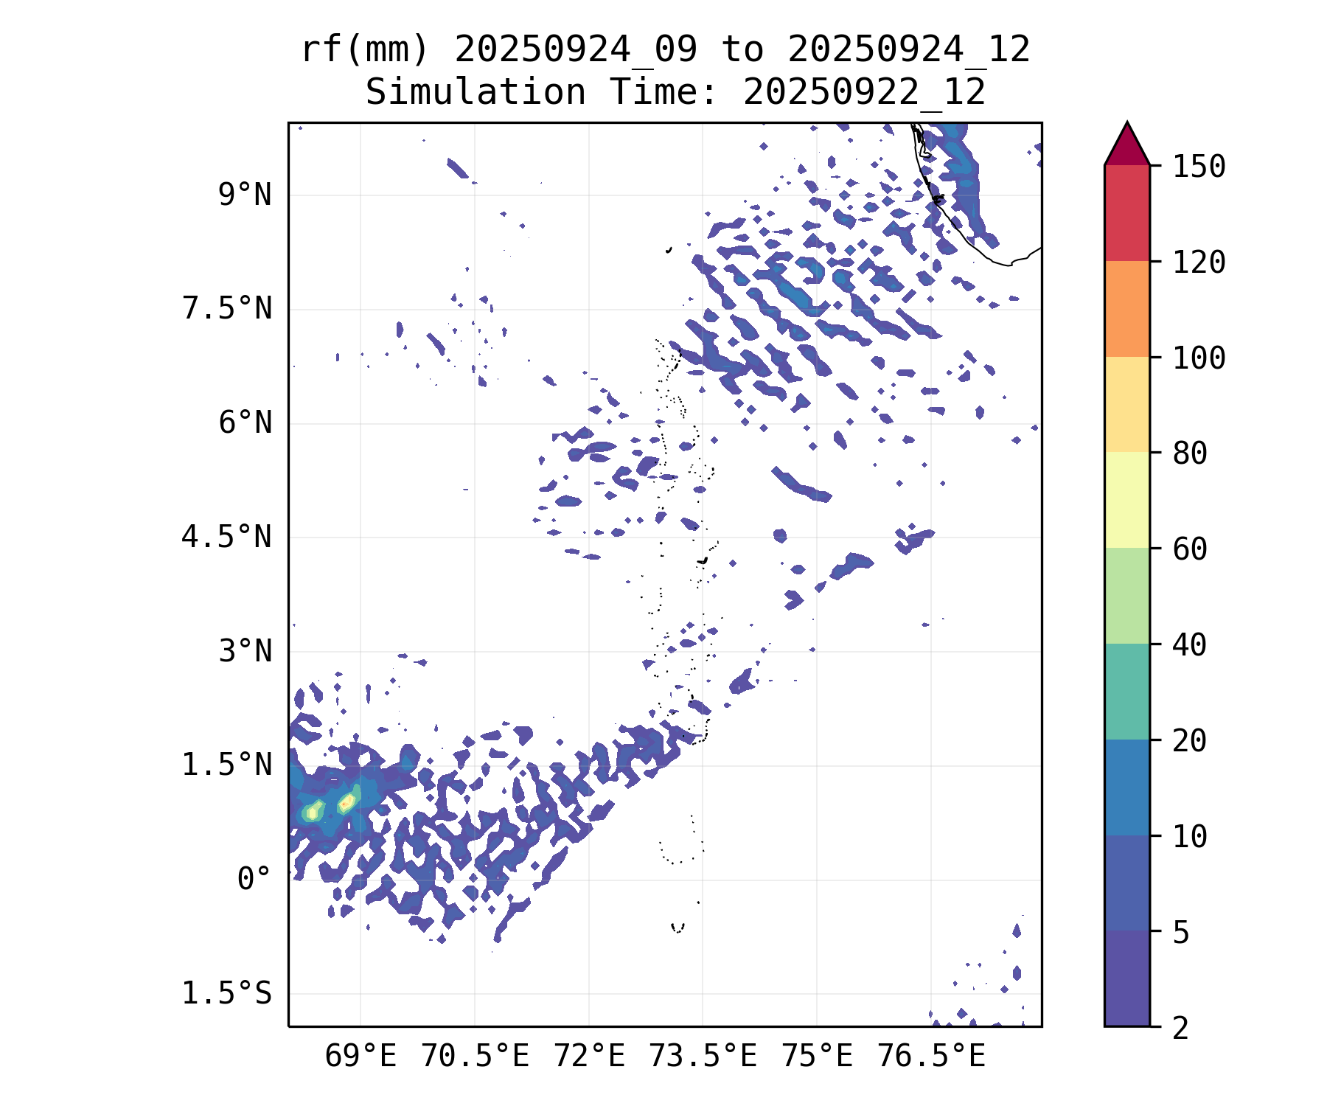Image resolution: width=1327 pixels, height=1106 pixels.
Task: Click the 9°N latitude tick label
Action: coord(245,195)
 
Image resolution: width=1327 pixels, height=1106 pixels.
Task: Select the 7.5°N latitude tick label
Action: coord(227,309)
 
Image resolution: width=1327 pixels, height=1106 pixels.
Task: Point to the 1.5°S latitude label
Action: coord(227,994)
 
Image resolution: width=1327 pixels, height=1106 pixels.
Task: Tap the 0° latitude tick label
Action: coord(254,880)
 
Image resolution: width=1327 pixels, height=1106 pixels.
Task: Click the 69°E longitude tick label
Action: coord(361,1057)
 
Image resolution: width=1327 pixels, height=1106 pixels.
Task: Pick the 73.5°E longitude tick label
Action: coord(703,1057)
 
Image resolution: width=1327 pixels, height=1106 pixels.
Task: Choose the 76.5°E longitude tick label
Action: coord(931,1057)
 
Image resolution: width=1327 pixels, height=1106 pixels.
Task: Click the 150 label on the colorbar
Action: coord(1199,167)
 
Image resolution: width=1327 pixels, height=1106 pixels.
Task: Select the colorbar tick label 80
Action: coord(1190,453)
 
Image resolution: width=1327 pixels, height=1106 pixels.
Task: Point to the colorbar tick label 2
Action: coord(1181,1028)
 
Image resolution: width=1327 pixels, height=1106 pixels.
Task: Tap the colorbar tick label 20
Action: coord(1190,741)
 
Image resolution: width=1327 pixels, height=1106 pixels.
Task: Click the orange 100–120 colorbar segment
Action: coord(1126,309)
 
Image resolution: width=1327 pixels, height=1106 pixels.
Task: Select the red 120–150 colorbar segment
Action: coord(1126,213)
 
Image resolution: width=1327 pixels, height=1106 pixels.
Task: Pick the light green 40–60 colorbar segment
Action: coord(1126,596)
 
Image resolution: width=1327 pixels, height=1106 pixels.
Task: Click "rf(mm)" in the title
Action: coord(365,50)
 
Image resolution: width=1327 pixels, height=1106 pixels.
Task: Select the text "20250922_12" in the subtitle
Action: coord(864,93)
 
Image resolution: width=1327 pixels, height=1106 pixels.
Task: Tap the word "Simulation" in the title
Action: coord(476,93)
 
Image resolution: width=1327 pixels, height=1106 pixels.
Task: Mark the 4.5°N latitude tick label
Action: coord(227,538)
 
